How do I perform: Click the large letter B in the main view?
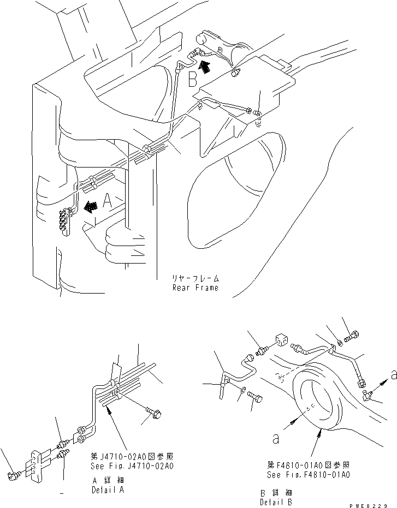click(x=192, y=80)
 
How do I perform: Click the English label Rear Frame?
click(x=195, y=288)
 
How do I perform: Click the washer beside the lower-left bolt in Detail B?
click(x=242, y=389)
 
